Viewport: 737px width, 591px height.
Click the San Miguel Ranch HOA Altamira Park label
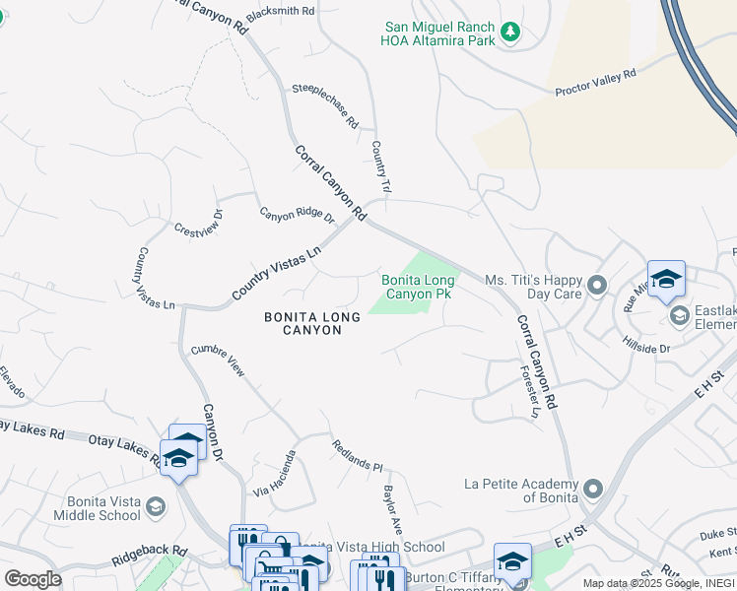(x=436, y=33)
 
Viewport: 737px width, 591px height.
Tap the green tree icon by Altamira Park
(x=509, y=33)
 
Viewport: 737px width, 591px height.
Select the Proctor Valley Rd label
(x=596, y=82)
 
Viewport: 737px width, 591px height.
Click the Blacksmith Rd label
(x=281, y=10)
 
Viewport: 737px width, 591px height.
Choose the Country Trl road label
(x=382, y=166)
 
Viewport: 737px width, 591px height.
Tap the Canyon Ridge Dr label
(x=298, y=216)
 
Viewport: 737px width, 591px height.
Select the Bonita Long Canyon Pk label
(x=418, y=288)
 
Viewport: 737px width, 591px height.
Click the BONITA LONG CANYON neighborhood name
(x=302, y=323)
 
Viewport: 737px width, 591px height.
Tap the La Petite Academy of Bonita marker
(x=593, y=490)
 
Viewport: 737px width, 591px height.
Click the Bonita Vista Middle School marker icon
(x=156, y=506)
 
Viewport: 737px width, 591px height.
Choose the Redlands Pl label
(x=357, y=455)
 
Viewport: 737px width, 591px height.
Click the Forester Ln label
(x=530, y=393)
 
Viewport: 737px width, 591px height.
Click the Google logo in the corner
(x=33, y=579)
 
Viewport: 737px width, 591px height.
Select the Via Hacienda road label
(x=276, y=474)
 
